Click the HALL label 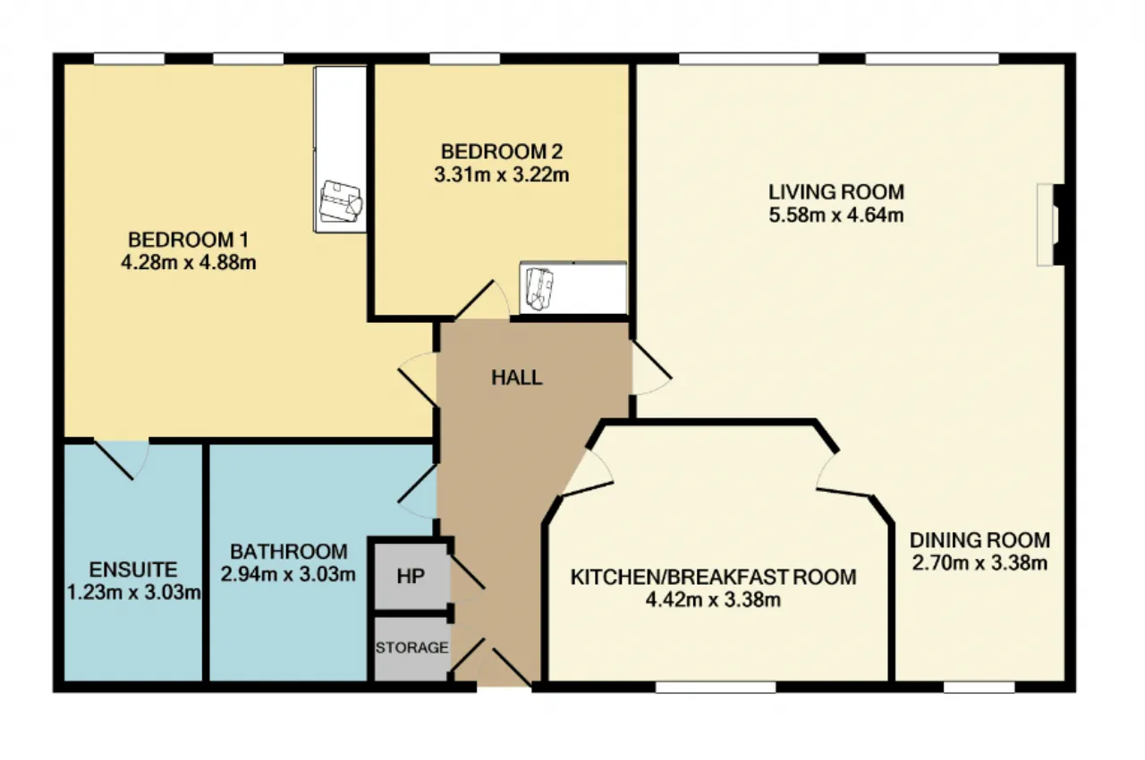pos(516,377)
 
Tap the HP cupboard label pos(411,576)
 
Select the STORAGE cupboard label pos(412,647)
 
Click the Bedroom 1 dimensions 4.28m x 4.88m pos(189,263)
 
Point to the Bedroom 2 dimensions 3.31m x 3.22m pos(502,175)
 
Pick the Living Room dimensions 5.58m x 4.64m pos(836,215)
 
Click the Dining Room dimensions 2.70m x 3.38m pos(980,563)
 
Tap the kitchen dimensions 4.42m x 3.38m pos(713,600)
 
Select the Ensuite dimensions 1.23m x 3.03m pos(134,593)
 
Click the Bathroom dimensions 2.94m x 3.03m pos(288,575)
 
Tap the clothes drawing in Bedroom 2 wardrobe pos(539,289)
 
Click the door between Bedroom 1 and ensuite pos(121,459)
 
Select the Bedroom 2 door pos(481,300)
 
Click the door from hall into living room pos(652,367)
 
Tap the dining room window pos(979,687)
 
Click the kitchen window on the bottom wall pos(716,687)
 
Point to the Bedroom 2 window pos(464,59)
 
